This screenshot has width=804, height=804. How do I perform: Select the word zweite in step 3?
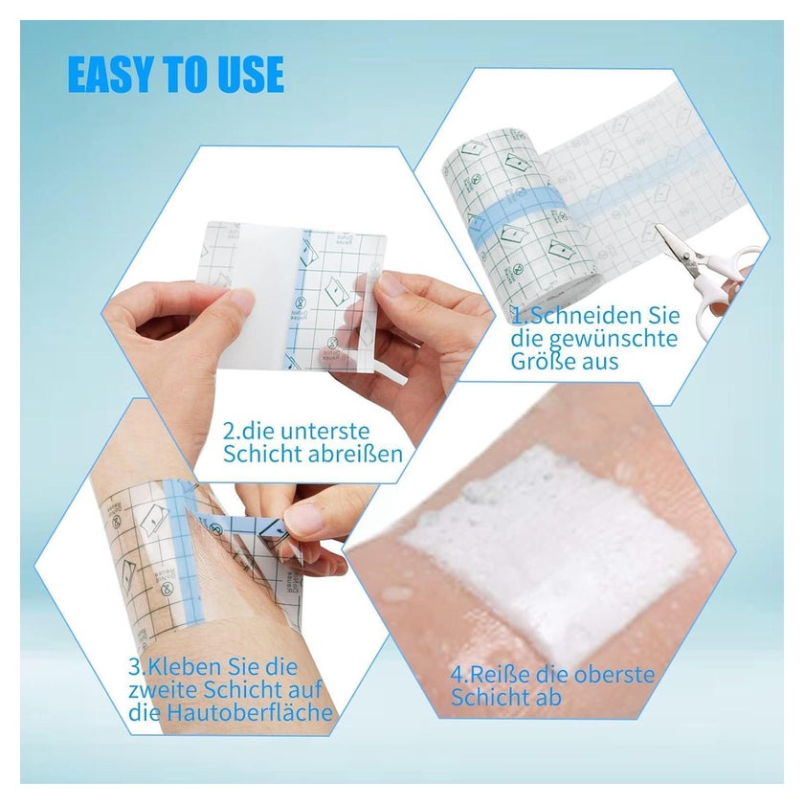tap(163, 690)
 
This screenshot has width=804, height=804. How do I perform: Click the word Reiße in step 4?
tap(492, 674)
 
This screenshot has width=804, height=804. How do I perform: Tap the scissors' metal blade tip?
tap(658, 226)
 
